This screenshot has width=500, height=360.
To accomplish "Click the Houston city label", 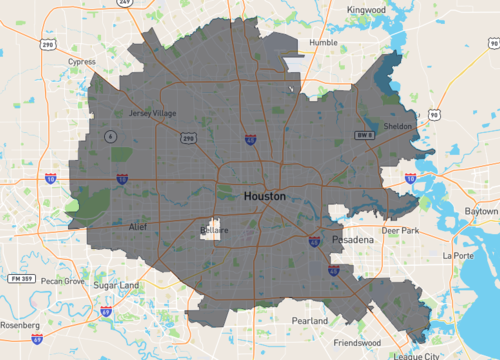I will [264, 197].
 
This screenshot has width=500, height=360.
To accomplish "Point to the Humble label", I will [323, 43].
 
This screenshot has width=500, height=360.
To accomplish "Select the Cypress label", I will [82, 61].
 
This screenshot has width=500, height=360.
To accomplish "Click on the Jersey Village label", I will [153, 113].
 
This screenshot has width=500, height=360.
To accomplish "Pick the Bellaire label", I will [212, 230].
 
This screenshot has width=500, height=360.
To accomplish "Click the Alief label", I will [138, 228].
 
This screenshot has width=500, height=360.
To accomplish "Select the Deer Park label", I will [400, 230].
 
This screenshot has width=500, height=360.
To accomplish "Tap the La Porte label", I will [459, 255].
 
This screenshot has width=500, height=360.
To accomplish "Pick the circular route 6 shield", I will [111, 135].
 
